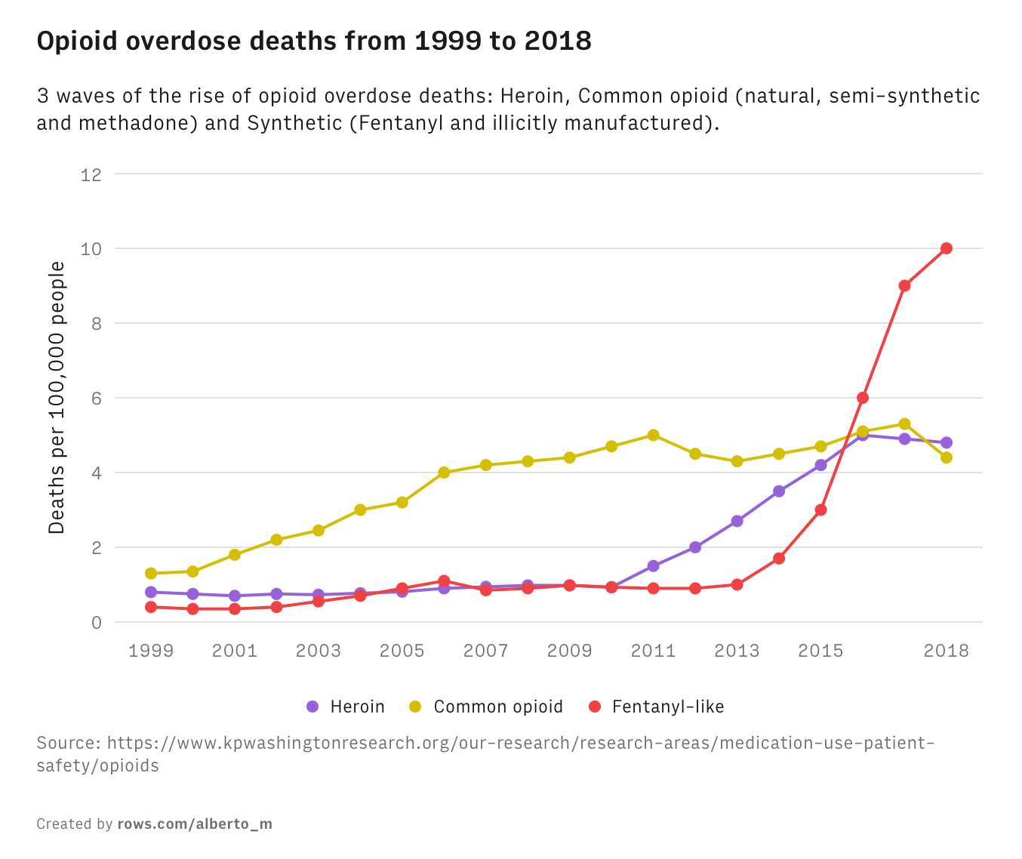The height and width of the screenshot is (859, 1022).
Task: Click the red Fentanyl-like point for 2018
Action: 946,248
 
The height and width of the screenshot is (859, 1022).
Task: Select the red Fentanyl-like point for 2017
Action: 904,286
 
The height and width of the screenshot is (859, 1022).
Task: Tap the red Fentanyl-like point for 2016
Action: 863,398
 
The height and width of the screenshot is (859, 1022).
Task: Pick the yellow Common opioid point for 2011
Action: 654,436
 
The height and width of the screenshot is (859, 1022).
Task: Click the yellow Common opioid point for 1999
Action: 151,574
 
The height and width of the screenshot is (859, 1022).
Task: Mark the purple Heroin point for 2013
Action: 737,522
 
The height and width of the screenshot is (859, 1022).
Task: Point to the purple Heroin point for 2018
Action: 946,443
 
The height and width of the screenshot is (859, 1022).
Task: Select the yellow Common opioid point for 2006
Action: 444,473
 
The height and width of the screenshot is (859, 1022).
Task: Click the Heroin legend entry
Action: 346,707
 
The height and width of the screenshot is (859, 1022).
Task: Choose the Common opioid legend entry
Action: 486,707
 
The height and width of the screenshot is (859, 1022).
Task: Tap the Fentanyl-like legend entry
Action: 657,707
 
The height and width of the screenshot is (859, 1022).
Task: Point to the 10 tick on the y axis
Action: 91,249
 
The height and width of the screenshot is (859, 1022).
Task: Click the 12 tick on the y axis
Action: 91,174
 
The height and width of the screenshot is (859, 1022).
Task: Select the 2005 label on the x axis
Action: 402,651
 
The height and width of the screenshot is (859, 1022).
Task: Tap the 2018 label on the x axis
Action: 946,651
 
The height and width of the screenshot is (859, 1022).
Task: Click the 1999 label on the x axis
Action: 151,651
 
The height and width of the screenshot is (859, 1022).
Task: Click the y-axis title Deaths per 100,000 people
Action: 57,398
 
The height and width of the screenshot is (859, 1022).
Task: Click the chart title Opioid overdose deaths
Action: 314,42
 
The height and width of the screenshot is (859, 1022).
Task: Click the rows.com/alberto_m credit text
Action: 195,824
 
